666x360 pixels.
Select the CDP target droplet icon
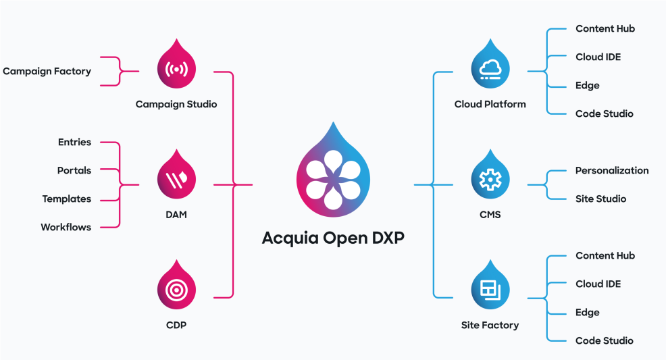[176, 290]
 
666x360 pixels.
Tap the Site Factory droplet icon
[490, 290]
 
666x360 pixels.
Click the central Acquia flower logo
[333, 174]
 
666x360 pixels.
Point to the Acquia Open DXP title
[333, 238]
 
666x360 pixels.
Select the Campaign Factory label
[47, 71]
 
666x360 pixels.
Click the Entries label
[74, 142]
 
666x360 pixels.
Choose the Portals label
[74, 170]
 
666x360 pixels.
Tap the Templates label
[66, 199]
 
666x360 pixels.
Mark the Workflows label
[66, 227]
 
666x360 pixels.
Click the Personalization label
[612, 170]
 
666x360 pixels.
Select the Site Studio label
[600, 199]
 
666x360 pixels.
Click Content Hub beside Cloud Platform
[605, 28]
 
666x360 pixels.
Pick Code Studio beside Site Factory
[605, 340]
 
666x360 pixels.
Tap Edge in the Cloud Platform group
[587, 85]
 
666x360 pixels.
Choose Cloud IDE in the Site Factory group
[598, 284]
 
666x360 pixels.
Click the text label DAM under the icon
[176, 214]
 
